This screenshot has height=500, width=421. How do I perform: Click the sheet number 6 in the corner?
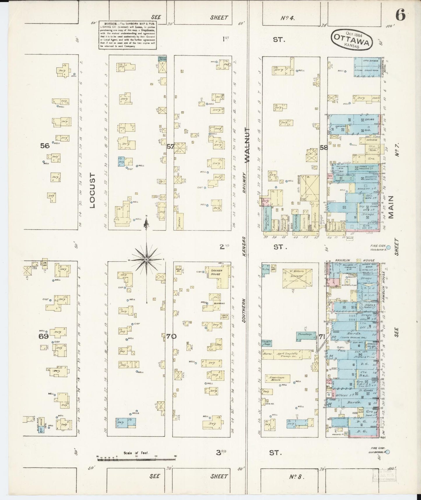pyautogui.click(x=401, y=15)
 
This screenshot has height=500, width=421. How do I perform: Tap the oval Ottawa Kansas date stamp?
pyautogui.click(x=353, y=40)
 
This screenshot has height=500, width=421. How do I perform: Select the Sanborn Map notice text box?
pyautogui.click(x=128, y=35)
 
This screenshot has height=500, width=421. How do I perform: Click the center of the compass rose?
pyautogui.click(x=147, y=259)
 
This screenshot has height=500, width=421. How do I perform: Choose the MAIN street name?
pyautogui.click(x=390, y=207)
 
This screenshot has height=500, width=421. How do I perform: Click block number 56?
pyautogui.click(x=45, y=146)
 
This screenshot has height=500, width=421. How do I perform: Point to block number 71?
pyautogui.click(x=322, y=336)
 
